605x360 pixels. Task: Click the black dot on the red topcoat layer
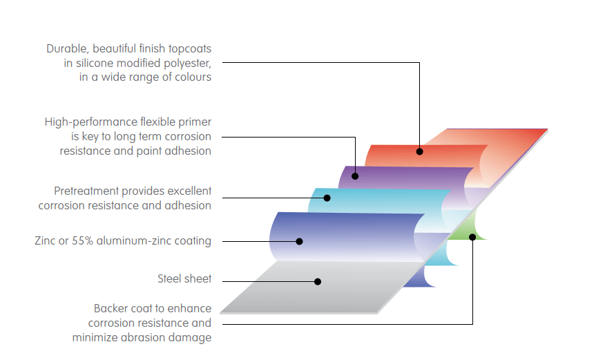point(419,151)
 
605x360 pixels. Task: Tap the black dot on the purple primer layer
point(355,176)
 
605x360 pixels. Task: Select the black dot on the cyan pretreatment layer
point(327,198)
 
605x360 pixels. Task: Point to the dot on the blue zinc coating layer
point(300,241)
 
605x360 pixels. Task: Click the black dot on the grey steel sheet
point(318,281)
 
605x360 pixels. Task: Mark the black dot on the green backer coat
point(472,237)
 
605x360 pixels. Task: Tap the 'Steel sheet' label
point(184,279)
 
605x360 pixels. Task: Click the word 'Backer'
point(112,309)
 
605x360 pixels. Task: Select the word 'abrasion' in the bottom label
point(145,337)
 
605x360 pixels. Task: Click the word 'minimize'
point(95,337)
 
